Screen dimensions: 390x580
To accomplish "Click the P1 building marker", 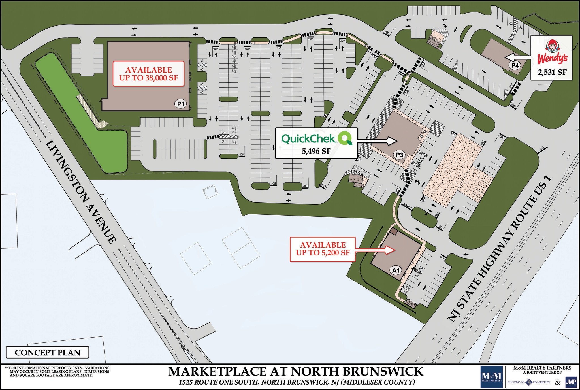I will [181, 104].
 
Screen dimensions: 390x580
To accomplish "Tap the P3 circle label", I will [400, 155].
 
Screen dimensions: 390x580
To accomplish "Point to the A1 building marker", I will [396, 270].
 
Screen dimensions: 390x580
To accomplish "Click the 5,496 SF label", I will [316, 151].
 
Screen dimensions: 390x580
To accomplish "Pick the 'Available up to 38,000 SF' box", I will [149, 74].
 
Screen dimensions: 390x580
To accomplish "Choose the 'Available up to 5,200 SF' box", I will [323, 249].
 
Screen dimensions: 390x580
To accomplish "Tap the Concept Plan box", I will [48, 353].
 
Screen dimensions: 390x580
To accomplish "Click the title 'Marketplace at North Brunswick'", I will [296, 371].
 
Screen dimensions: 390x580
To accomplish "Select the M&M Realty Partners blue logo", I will [493, 377].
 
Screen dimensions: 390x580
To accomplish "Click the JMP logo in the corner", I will [571, 382].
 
